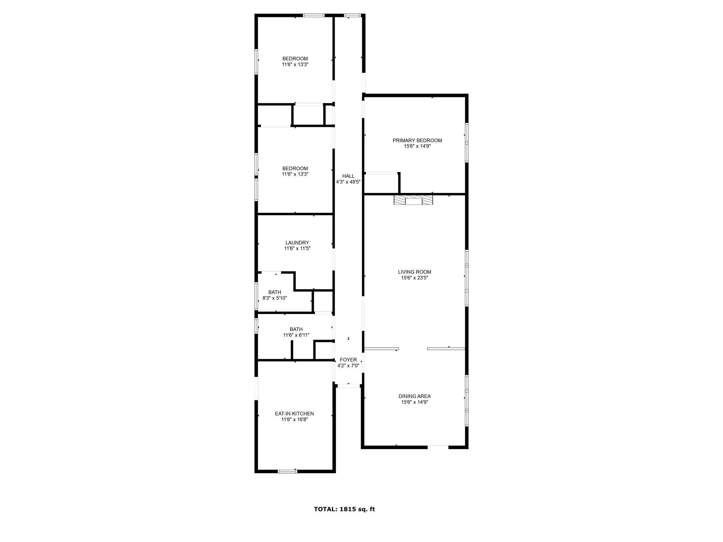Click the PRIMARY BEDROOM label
(x=417, y=140)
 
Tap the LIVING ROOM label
(x=414, y=272)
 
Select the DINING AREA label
(x=414, y=396)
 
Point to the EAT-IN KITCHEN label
(x=294, y=414)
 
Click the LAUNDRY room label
(x=297, y=243)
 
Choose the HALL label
(x=348, y=176)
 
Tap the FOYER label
(x=348, y=360)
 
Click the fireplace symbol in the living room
(x=413, y=200)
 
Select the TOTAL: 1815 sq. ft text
(x=344, y=509)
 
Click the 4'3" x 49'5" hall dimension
(x=348, y=182)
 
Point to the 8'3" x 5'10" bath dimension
(x=275, y=298)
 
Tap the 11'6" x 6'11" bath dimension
(x=296, y=335)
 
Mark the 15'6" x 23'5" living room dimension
(x=414, y=278)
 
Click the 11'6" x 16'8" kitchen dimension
(x=294, y=420)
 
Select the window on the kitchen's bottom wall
(x=287, y=471)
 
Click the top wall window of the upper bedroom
(x=313, y=15)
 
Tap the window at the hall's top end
(x=352, y=15)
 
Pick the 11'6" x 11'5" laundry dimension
(x=297, y=248)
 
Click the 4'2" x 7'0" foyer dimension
(x=348, y=366)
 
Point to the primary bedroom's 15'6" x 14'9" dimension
(x=417, y=146)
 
